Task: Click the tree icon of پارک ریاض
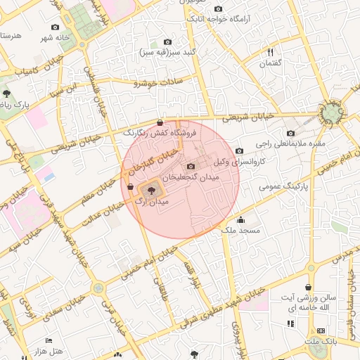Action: pyautogui.click(x=6, y=93)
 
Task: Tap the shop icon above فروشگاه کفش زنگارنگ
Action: pyautogui.click(x=160, y=122)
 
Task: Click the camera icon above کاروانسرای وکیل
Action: pyautogui.click(x=239, y=150)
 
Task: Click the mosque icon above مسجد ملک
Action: pyautogui.click(x=240, y=219)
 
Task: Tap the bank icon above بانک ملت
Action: pyautogui.click(x=321, y=330)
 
